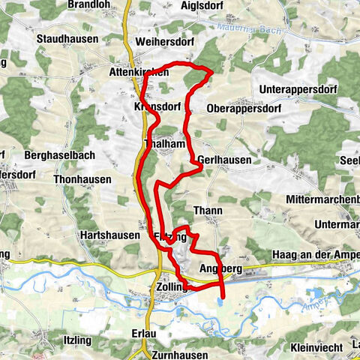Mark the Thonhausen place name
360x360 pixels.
pyautogui.click(x=82, y=179)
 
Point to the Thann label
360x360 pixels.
pyautogui.click(x=208, y=211)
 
